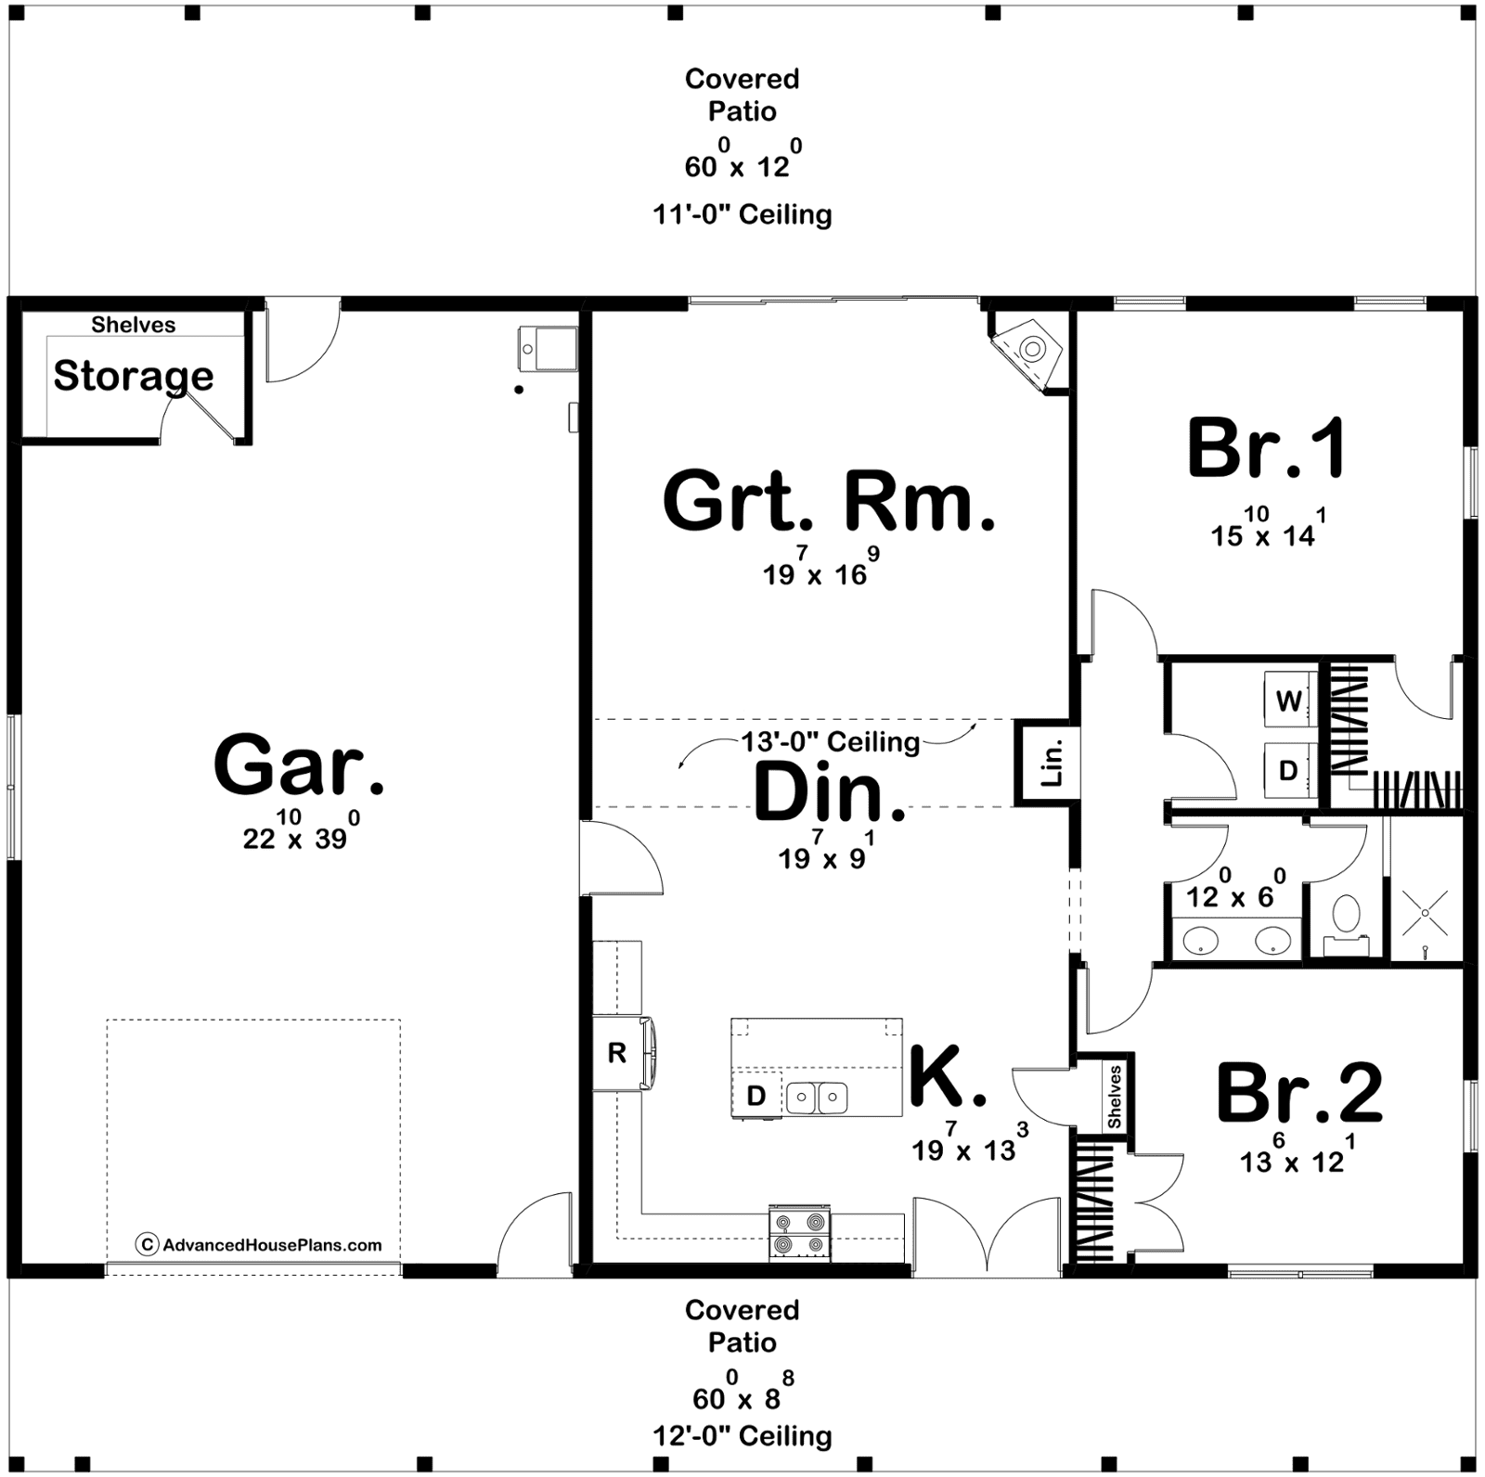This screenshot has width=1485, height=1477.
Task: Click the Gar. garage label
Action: pos(299,765)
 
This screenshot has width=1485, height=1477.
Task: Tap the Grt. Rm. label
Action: pos(829,501)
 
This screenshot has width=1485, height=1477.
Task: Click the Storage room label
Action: pos(134,376)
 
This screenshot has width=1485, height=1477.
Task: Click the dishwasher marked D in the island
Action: pos(756,1096)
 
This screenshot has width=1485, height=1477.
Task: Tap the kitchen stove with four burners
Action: pos(799,1232)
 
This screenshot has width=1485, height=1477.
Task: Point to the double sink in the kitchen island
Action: pos(817,1098)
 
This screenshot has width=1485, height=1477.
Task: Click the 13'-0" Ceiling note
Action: pos(831,741)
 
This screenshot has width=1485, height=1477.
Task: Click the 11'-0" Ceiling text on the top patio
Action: pos(742,215)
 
